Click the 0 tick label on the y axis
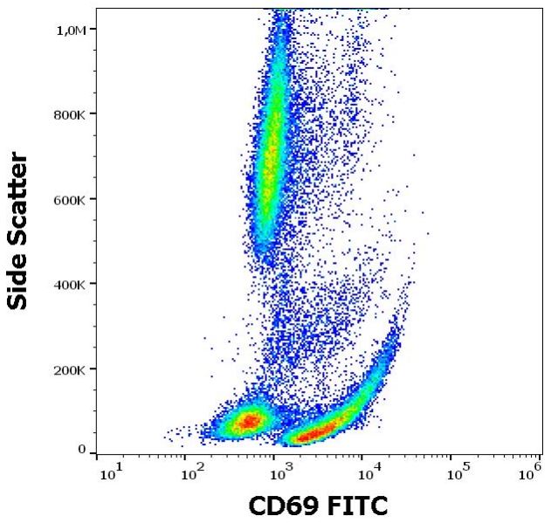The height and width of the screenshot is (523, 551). coord(82,450)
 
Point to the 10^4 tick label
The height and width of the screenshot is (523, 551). coord(369,473)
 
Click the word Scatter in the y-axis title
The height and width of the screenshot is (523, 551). coord(18,197)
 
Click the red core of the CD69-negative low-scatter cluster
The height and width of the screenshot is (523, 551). coord(249,422)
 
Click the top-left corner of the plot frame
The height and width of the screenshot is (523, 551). coord(96,9)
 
